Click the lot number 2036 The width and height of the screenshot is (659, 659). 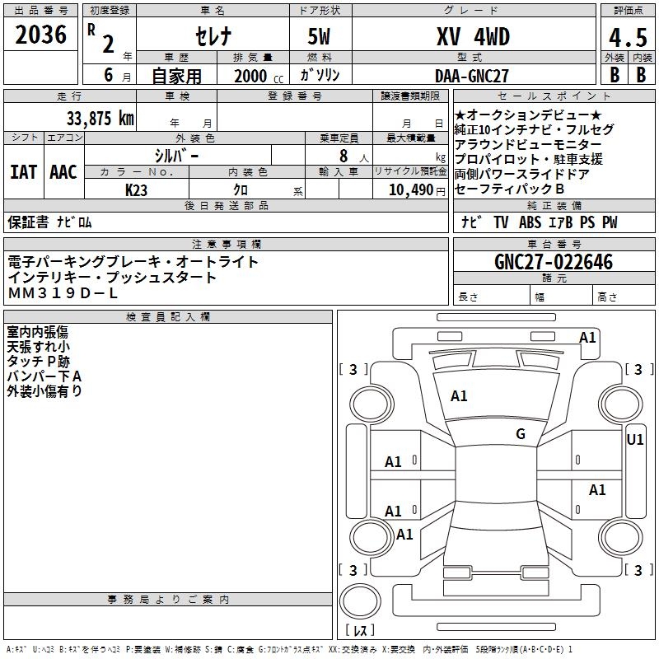(40, 36)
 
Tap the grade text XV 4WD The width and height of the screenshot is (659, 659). (472, 36)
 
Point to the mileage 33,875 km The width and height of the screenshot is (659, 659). (100, 118)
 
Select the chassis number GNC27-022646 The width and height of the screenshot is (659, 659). (554, 262)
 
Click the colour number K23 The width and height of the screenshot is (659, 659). (137, 189)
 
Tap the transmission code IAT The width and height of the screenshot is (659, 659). (24, 171)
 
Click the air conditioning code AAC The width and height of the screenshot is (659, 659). (63, 171)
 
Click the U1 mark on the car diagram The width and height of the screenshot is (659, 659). (635, 440)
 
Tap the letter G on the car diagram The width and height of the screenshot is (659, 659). (520, 434)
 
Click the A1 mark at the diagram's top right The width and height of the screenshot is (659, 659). (587, 338)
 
